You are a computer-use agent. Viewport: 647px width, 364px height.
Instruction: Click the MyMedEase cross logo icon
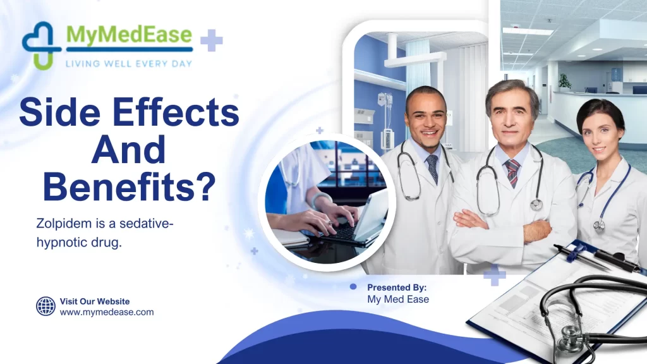pyautogui.click(x=42, y=44)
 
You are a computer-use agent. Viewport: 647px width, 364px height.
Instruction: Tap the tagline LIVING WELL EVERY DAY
pyautogui.click(x=129, y=63)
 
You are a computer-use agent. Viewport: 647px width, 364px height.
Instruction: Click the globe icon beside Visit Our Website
pyautogui.click(x=45, y=306)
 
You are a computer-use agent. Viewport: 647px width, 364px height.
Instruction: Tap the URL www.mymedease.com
pyautogui.click(x=107, y=312)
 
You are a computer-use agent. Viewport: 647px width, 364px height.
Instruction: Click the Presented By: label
pyautogui.click(x=397, y=288)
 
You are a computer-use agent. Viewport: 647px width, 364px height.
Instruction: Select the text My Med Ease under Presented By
pyautogui.click(x=398, y=300)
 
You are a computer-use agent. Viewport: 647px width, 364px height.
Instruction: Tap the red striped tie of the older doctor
pyautogui.click(x=512, y=173)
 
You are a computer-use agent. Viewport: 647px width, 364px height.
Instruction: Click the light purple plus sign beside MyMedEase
pyautogui.click(x=212, y=40)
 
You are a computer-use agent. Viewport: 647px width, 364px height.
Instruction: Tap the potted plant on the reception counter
pyautogui.click(x=564, y=82)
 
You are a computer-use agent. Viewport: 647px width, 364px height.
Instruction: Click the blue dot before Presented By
pyautogui.click(x=353, y=287)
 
